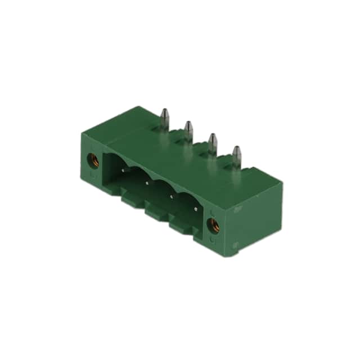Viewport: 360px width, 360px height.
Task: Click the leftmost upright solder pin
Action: (164, 118)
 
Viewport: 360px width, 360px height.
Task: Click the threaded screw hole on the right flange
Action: (213, 226)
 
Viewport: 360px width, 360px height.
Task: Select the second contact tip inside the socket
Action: (147, 182)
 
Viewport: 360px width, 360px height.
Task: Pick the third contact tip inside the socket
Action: (172, 196)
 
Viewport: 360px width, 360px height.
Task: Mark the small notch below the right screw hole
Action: (212, 240)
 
